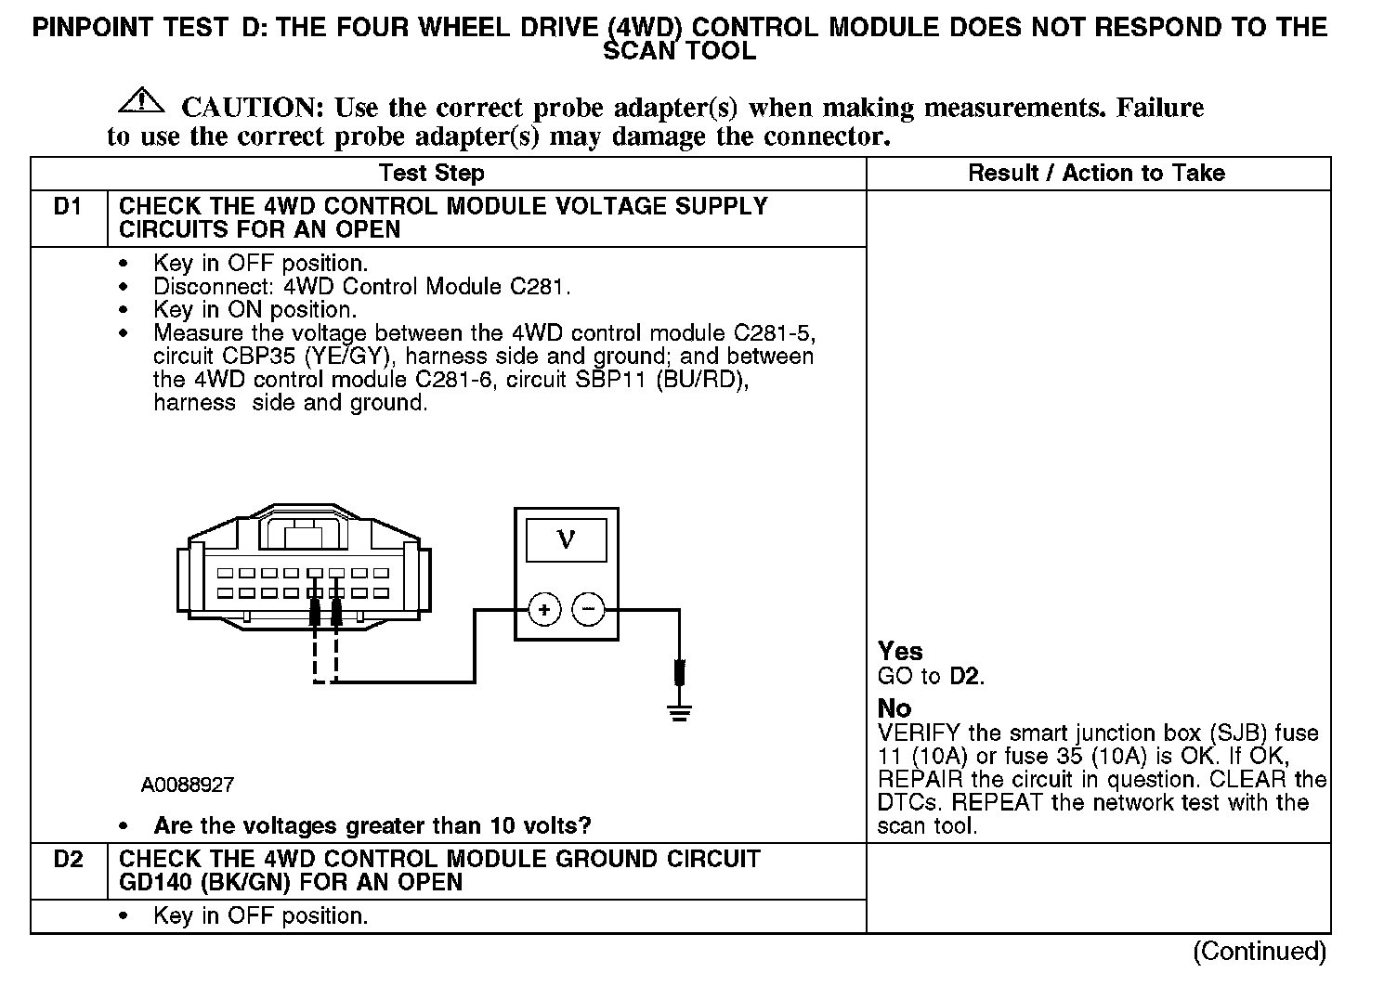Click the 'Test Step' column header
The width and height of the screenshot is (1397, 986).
point(431,173)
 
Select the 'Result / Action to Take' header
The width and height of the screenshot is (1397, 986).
point(1096,173)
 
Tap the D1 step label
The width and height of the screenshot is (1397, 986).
point(68,207)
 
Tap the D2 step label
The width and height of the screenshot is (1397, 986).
point(68,860)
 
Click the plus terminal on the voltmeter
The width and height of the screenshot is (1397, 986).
point(544,610)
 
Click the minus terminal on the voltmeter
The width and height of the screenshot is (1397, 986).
point(588,610)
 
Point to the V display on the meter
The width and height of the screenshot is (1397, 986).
point(566,539)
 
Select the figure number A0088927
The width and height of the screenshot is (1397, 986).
point(188,785)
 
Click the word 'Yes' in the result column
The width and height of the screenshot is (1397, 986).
point(900,652)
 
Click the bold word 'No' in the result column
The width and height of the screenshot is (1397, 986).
point(894,708)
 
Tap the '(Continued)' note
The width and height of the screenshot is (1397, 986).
point(1260,951)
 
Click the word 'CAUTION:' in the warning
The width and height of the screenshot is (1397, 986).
point(252,108)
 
